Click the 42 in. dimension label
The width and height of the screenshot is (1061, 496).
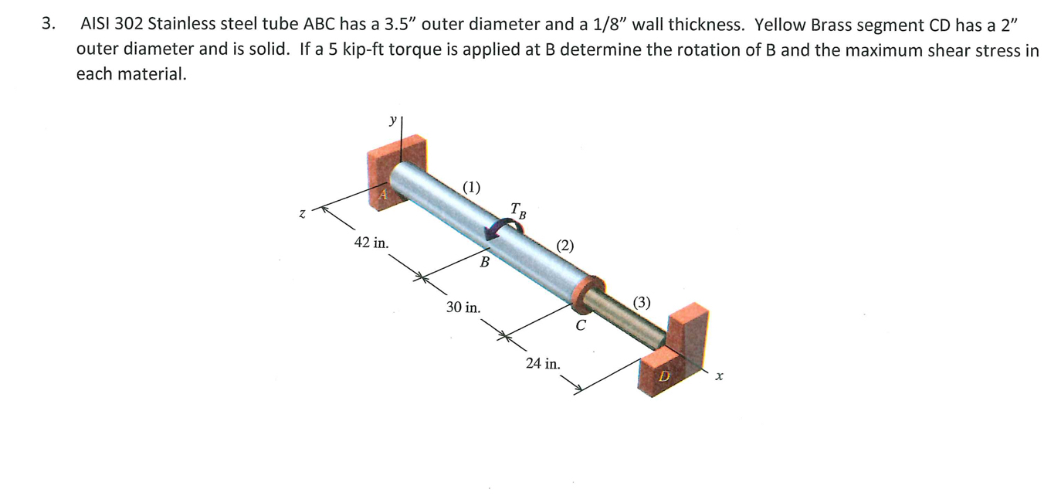(x=371, y=243)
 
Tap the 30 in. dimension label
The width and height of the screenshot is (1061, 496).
(x=463, y=307)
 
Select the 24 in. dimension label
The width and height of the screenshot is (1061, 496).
(x=544, y=363)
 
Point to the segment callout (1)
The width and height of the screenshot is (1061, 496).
(x=471, y=186)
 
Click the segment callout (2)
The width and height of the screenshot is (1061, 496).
(x=565, y=246)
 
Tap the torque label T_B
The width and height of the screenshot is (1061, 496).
(x=518, y=209)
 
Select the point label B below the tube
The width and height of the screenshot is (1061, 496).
(x=484, y=262)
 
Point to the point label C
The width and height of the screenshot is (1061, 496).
(x=581, y=325)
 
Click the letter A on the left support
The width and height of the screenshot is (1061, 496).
(x=381, y=195)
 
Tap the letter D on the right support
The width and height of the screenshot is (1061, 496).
(x=661, y=377)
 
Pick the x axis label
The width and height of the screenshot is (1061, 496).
(x=718, y=376)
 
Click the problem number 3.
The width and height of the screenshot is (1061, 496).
(x=49, y=24)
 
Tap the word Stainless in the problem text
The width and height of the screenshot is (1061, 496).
(x=178, y=24)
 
